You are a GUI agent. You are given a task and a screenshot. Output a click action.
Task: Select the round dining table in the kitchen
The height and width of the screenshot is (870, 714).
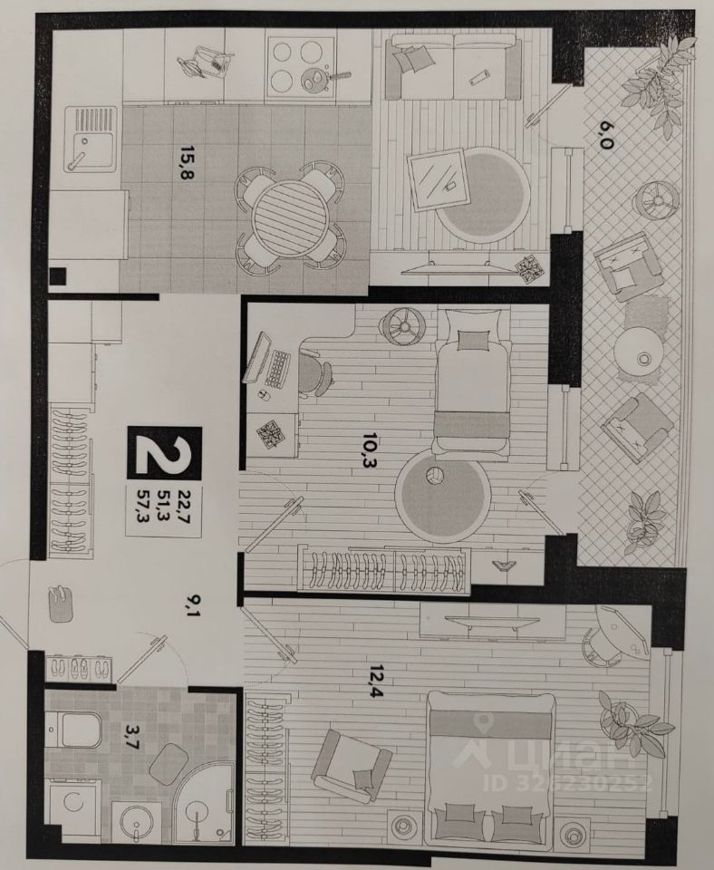tap(289, 214)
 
